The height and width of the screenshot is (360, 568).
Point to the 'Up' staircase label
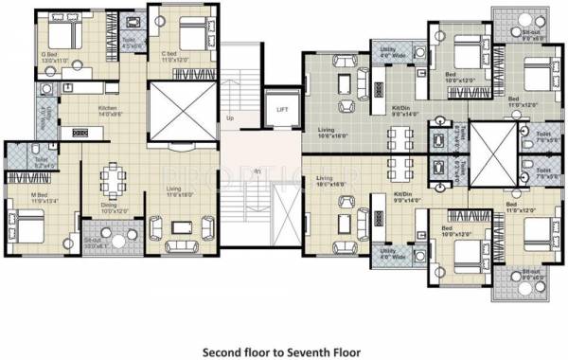point(229,118)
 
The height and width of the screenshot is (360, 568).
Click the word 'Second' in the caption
point(227,351)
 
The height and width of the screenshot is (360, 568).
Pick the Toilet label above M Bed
point(21,162)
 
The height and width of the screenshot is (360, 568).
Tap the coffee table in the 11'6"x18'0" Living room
point(178,227)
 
